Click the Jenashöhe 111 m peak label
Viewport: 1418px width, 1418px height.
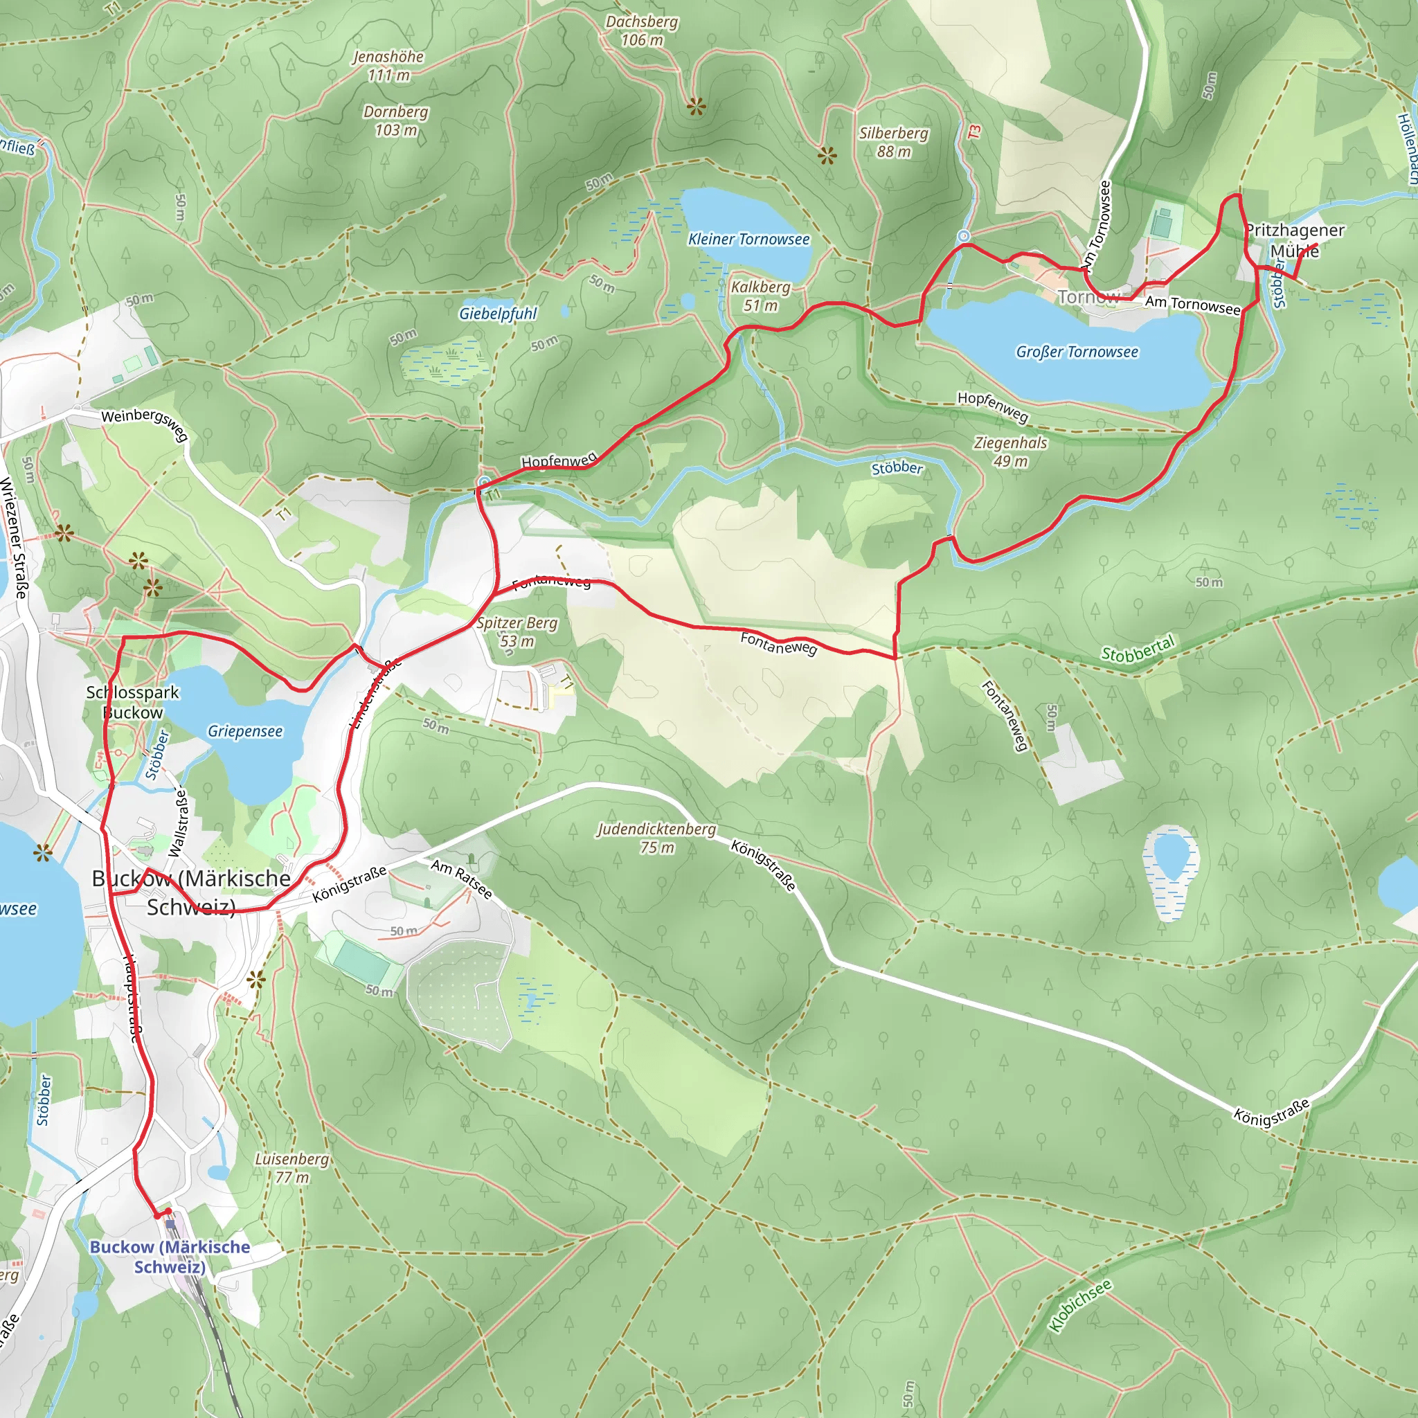point(388,65)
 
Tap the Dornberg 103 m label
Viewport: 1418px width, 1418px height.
point(395,120)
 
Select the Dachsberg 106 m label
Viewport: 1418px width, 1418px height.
point(641,31)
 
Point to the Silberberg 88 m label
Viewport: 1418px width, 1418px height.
point(893,142)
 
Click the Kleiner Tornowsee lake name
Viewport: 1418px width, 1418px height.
point(748,240)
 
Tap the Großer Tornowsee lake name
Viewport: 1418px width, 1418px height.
point(1077,352)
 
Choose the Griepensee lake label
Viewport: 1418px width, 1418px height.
point(244,731)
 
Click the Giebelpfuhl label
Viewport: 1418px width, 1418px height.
point(498,314)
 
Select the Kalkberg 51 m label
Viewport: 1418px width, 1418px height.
point(760,296)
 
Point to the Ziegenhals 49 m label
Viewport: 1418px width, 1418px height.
point(1010,451)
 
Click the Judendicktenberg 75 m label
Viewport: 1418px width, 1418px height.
point(656,838)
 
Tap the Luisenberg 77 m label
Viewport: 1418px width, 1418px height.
point(291,1168)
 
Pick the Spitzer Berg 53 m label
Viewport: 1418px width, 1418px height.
point(517,631)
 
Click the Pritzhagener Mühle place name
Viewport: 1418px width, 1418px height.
point(1295,240)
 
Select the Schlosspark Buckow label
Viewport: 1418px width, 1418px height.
point(133,701)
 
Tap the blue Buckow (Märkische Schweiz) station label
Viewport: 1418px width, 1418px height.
point(170,1257)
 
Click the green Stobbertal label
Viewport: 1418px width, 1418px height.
point(1138,649)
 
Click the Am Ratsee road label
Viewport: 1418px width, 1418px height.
point(461,879)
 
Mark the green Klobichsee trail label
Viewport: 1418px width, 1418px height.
point(1079,1304)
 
